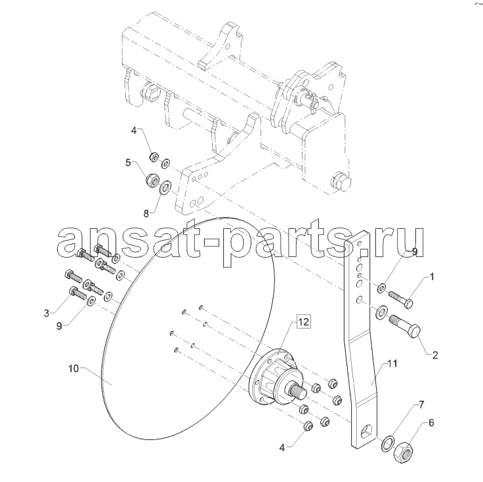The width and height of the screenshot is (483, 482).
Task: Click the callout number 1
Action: point(432,277)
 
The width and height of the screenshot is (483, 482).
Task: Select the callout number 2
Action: point(435,355)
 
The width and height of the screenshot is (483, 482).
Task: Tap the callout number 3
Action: point(46,313)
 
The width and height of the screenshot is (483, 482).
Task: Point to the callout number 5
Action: point(128,162)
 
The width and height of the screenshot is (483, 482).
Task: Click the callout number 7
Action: point(421,405)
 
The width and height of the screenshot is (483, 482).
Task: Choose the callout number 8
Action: point(146,213)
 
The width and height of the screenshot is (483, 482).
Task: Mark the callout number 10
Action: point(73,368)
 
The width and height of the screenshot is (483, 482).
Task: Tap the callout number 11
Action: point(392,363)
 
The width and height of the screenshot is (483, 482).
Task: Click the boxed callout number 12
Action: point(303,322)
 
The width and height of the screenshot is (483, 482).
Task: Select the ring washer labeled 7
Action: point(387,443)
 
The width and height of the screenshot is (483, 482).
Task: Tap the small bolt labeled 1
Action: point(400,299)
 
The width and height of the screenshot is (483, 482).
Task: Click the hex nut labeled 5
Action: point(152,180)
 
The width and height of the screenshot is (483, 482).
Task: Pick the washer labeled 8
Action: point(165,187)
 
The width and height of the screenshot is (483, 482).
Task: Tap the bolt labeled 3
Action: point(78,293)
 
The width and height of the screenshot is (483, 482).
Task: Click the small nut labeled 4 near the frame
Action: point(154,157)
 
